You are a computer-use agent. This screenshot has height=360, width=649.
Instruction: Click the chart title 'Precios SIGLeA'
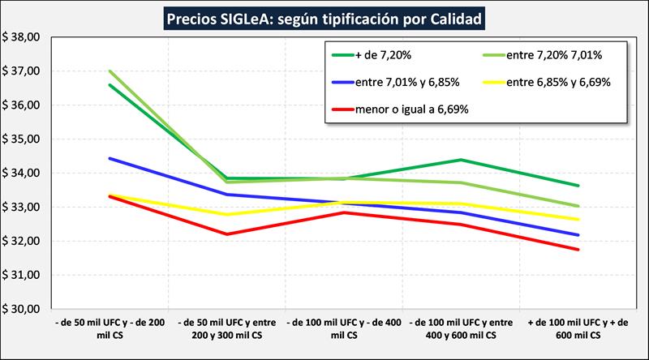(324, 17)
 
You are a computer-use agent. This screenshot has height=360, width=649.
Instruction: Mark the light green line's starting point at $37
(109, 71)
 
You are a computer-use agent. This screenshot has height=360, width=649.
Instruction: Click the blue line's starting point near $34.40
(109, 158)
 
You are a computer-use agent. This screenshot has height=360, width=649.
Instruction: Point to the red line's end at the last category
(578, 250)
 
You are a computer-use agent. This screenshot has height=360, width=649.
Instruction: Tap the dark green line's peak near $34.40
(461, 160)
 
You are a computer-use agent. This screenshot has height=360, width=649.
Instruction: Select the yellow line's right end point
(578, 220)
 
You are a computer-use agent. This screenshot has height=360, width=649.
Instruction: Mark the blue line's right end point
(578, 235)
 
